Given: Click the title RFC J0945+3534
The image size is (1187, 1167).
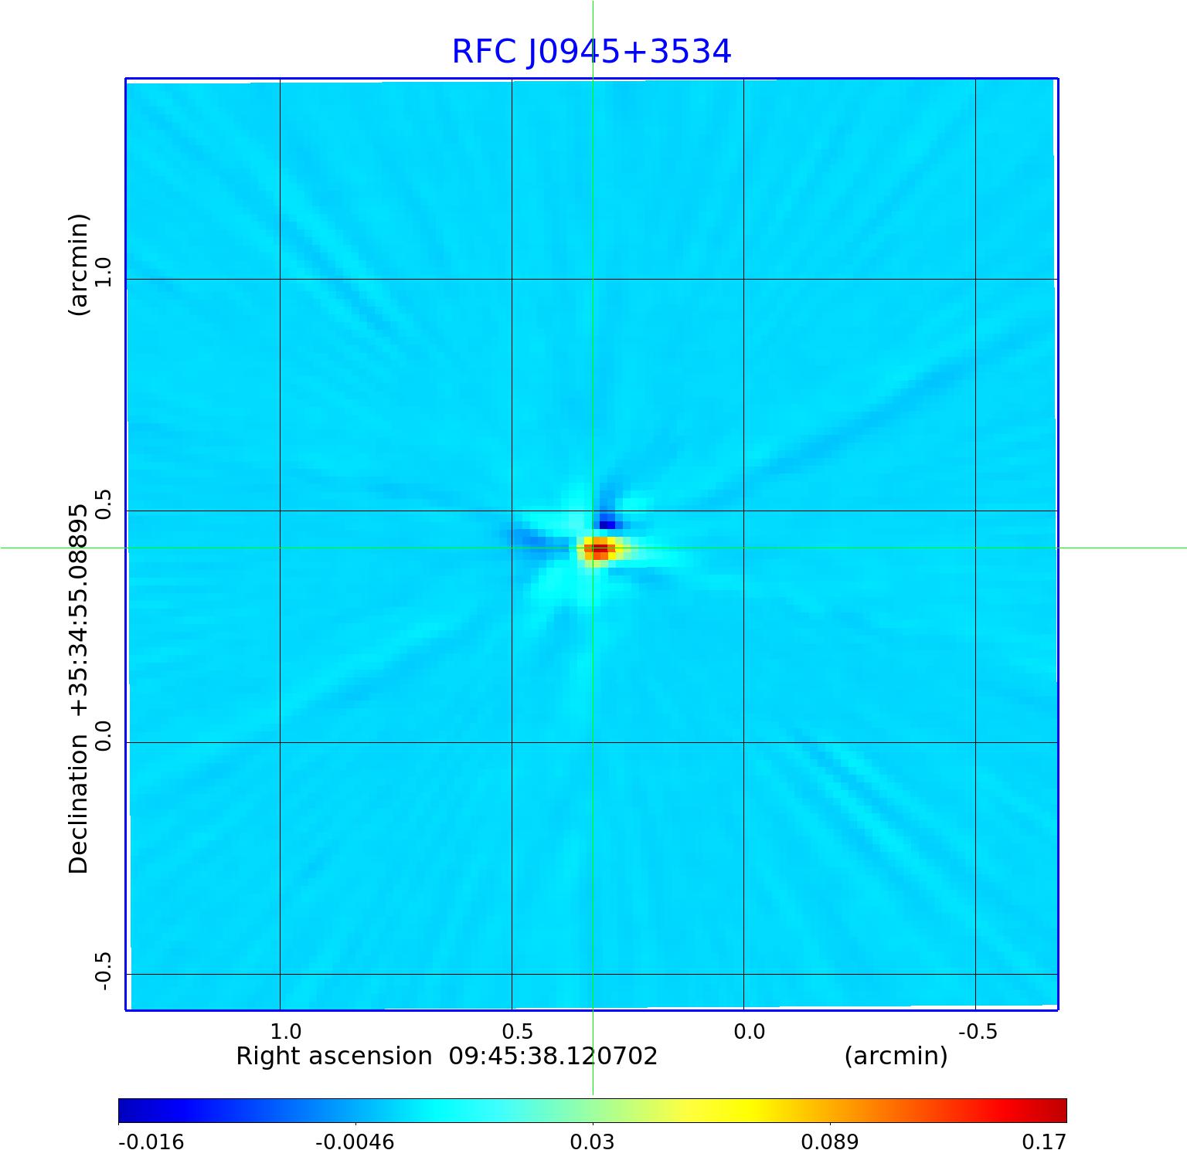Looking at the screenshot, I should coord(591,52).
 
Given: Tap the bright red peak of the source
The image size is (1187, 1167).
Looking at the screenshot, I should coord(600,548).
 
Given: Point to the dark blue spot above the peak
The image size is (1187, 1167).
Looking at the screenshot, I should coord(607,524).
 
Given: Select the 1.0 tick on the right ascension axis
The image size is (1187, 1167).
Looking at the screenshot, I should coord(285,1032).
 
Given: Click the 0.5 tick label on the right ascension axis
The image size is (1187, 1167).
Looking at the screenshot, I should coord(517,1032).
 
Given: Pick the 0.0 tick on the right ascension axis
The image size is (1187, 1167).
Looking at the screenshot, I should coord(749,1032).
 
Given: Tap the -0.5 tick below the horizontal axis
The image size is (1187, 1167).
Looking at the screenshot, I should coord(978,1032).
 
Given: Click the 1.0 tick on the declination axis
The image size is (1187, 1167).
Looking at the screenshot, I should coord(103,272).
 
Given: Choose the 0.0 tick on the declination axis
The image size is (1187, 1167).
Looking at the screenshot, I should coord(103,735).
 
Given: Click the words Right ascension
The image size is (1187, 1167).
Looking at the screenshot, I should coord(334,1056).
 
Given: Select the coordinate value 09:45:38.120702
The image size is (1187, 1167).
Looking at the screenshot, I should coord(553,1056).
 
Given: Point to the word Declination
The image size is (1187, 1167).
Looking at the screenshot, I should coord(79,804).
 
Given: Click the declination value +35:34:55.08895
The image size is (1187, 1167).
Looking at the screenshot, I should coord(79,611).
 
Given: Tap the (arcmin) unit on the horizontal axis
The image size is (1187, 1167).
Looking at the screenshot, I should coord(896,1056).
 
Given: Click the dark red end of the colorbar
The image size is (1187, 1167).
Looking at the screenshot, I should coord(1059,1111).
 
